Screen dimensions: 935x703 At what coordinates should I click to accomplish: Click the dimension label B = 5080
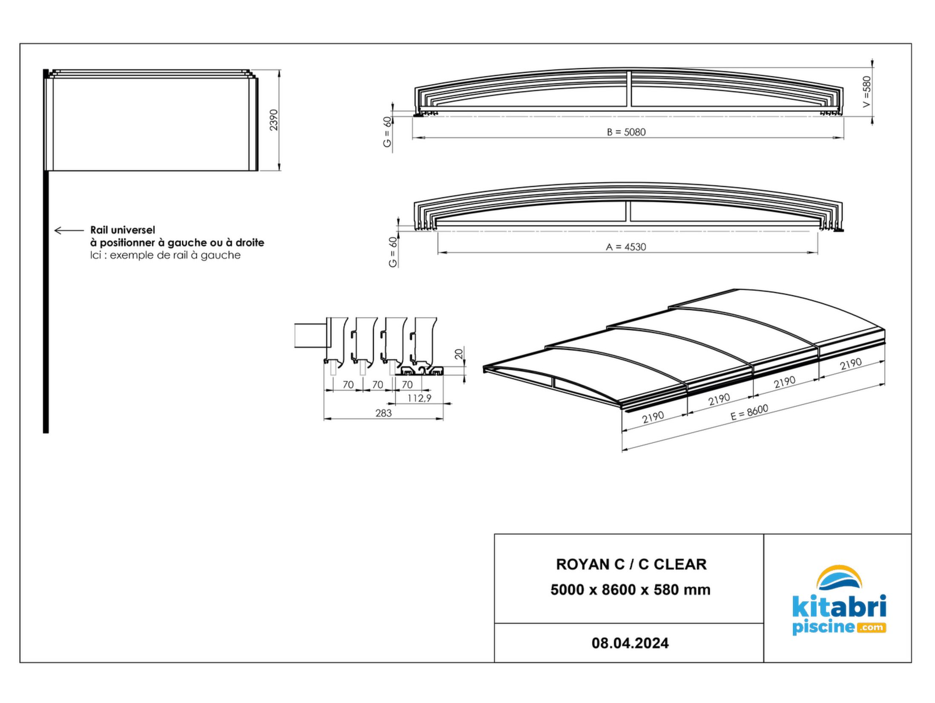(626, 132)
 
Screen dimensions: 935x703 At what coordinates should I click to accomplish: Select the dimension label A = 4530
(626, 247)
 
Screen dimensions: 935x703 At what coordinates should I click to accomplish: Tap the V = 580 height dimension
(866, 92)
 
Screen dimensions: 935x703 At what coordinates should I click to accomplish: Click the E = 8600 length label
(749, 412)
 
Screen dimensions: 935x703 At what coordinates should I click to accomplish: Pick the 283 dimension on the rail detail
(383, 413)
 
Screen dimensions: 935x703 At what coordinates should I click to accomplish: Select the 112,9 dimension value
(419, 398)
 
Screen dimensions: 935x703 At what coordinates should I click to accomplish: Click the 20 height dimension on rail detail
(459, 354)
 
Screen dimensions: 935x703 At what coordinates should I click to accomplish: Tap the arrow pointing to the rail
(69, 230)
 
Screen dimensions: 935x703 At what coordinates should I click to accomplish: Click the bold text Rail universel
(123, 230)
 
